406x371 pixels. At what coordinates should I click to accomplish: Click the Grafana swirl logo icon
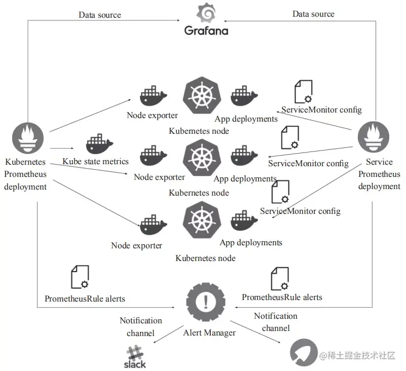(206, 13)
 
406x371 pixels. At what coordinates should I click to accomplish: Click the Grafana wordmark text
(206, 31)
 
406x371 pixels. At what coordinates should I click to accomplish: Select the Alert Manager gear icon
(206, 302)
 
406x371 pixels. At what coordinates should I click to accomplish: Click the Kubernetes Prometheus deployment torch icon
(28, 138)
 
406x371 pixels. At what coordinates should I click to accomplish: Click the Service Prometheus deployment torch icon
(374, 137)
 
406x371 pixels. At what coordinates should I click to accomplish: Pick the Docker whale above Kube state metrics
(99, 144)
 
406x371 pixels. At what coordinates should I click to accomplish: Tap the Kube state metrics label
(95, 162)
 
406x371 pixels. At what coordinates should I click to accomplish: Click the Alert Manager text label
(209, 332)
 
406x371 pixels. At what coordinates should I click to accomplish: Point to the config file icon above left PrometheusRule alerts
(80, 277)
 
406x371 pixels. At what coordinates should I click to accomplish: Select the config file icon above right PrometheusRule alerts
(280, 279)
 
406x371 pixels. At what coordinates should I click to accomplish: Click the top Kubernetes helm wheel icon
(202, 95)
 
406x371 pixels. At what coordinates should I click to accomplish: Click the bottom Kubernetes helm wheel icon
(202, 220)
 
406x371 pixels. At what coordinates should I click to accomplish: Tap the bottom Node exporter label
(136, 245)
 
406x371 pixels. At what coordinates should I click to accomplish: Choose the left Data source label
(100, 15)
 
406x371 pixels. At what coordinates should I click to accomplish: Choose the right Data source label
(313, 14)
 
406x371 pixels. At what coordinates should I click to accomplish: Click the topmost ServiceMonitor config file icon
(304, 92)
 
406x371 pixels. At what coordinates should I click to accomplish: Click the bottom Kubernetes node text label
(205, 258)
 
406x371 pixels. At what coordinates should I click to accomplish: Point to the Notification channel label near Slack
(140, 327)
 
